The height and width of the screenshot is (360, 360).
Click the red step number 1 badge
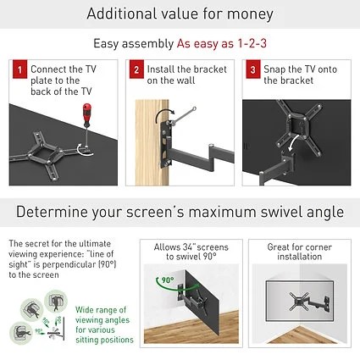(19, 69)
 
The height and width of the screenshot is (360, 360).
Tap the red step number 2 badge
(136, 69)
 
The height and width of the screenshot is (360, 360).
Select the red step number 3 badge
(253, 69)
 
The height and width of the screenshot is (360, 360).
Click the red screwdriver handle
(87, 116)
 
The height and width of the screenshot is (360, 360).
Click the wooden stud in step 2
(152, 142)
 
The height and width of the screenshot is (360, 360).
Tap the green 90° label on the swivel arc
(168, 280)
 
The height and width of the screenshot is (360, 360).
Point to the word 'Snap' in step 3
(274, 69)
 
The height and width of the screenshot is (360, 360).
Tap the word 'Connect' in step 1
(48, 69)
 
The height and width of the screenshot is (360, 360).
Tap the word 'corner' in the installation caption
(318, 247)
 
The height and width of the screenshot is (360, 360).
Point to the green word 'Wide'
(85, 310)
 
